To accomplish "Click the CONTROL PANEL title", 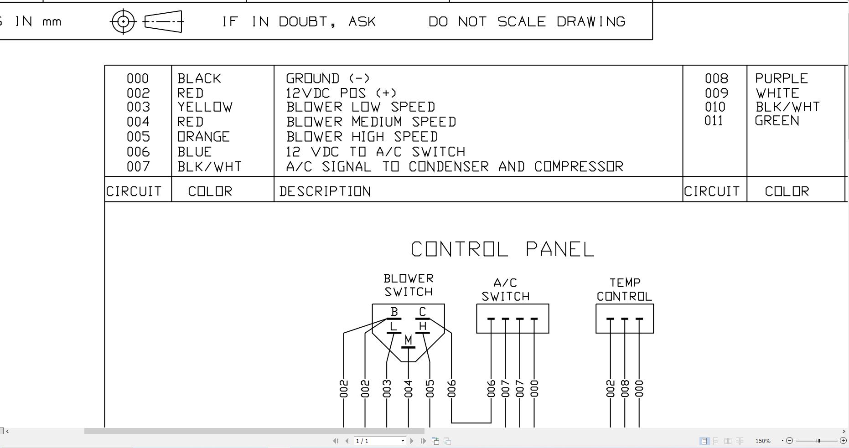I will pyautogui.click(x=502, y=249).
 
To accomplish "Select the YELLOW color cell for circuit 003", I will pyautogui.click(x=205, y=107).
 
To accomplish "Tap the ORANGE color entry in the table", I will pyautogui.click(x=203, y=137).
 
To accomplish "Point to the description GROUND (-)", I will pyautogui.click(x=328, y=78).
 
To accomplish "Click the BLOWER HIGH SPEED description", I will pyautogui.click(x=362, y=137).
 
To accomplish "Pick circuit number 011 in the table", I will pyautogui.click(x=714, y=121).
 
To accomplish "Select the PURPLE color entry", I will pyautogui.click(x=781, y=78).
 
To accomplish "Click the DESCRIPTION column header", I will pyautogui.click(x=325, y=191).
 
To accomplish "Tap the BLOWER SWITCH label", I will pyautogui.click(x=409, y=285).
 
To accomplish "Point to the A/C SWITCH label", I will pyautogui.click(x=505, y=290).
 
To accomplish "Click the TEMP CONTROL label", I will pyautogui.click(x=624, y=289).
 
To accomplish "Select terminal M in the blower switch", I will pyautogui.click(x=408, y=340).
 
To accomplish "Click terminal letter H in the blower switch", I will pyautogui.click(x=423, y=326).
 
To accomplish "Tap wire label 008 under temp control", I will pyautogui.click(x=625, y=389).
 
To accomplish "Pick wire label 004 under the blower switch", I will pyautogui.click(x=408, y=389).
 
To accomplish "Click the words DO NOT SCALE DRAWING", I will pyautogui.click(x=527, y=22).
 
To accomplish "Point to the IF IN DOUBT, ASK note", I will pyautogui.click(x=299, y=22).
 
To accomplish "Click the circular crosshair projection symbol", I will pyautogui.click(x=123, y=21).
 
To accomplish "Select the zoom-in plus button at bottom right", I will pyautogui.click(x=843, y=441).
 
